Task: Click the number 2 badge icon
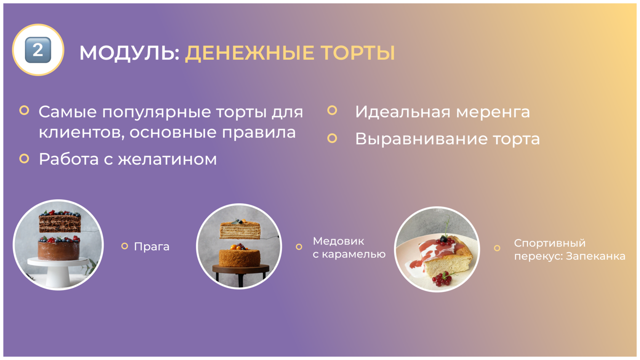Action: pyautogui.click(x=38, y=50)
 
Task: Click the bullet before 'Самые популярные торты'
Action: pyautogui.click(x=24, y=110)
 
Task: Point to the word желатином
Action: pyautogui.click(x=168, y=159)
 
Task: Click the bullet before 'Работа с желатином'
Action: pyautogui.click(x=24, y=158)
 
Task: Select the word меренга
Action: pyautogui.click(x=493, y=112)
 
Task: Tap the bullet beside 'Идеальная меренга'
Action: pyautogui.click(x=332, y=110)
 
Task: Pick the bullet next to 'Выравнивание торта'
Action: pyautogui.click(x=332, y=138)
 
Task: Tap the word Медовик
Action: pyautogui.click(x=338, y=241)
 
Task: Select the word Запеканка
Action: pyautogui.click(x=596, y=256)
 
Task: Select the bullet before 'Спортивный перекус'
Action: pyautogui.click(x=497, y=248)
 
